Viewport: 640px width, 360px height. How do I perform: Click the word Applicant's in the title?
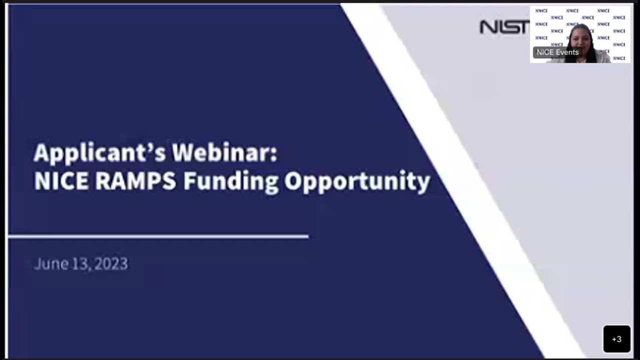99,153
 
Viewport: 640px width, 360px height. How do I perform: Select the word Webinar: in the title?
224,152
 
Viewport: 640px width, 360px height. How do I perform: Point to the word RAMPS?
135,181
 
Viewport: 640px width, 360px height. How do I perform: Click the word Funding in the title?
231,182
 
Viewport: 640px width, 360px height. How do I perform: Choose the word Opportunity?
357,182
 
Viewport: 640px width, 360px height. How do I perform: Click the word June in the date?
51,263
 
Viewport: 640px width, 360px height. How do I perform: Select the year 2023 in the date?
111,263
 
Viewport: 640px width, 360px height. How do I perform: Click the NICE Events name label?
557,52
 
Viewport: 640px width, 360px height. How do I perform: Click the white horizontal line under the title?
158,236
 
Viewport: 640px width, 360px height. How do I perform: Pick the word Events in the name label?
567,52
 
